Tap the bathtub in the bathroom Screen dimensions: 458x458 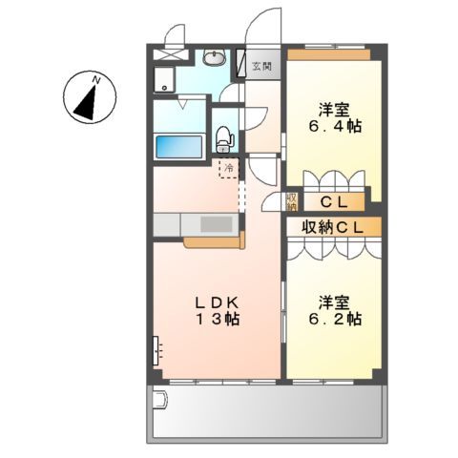(x=179, y=148)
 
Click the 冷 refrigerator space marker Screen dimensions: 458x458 (x=229, y=166)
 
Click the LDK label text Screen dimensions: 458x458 (x=220, y=302)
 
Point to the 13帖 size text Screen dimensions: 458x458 (x=219, y=320)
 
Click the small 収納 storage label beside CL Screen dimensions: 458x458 (x=292, y=201)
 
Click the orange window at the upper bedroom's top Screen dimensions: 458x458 (x=329, y=52)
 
